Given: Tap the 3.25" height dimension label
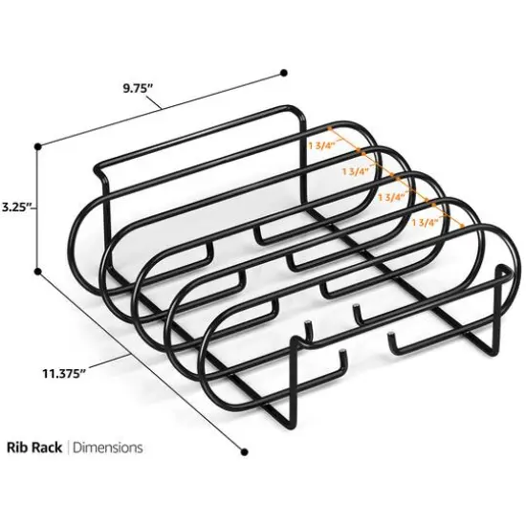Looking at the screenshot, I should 16,206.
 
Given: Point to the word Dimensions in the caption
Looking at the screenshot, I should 108,447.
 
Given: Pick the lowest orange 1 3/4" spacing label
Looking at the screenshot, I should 425,221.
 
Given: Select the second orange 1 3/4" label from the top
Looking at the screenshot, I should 356,172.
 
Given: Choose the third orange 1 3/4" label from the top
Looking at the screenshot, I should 391,196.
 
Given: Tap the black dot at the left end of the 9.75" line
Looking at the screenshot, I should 37,145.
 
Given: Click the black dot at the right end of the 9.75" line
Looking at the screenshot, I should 284,72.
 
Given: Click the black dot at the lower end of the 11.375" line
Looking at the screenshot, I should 244,451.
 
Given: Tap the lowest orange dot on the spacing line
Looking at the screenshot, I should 466,226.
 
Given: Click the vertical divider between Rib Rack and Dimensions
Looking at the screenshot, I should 68,447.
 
